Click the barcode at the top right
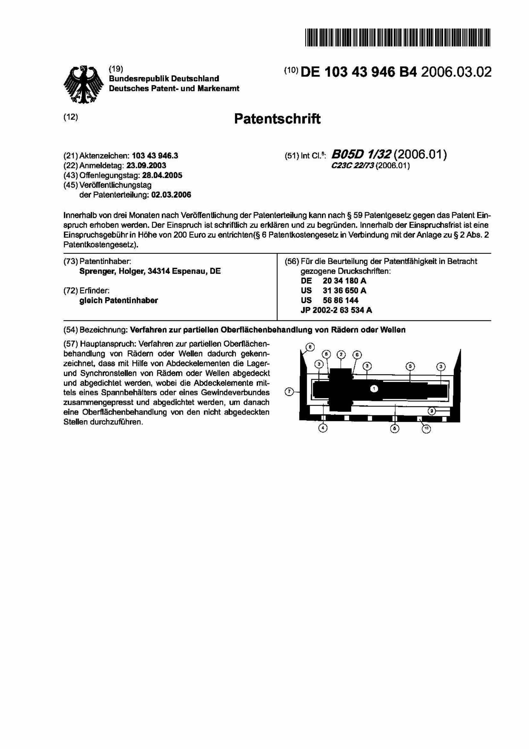point(397,37)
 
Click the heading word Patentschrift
point(277,119)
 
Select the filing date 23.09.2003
point(146,165)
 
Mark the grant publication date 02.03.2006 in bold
point(171,195)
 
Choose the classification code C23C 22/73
point(353,166)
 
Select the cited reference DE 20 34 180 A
point(333,281)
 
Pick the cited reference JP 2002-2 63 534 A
point(336,310)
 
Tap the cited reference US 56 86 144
point(329,300)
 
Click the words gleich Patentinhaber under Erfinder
point(119,300)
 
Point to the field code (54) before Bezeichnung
point(70,330)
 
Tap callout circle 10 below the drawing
point(426,429)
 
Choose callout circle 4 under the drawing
point(323,428)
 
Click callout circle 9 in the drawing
point(431,412)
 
